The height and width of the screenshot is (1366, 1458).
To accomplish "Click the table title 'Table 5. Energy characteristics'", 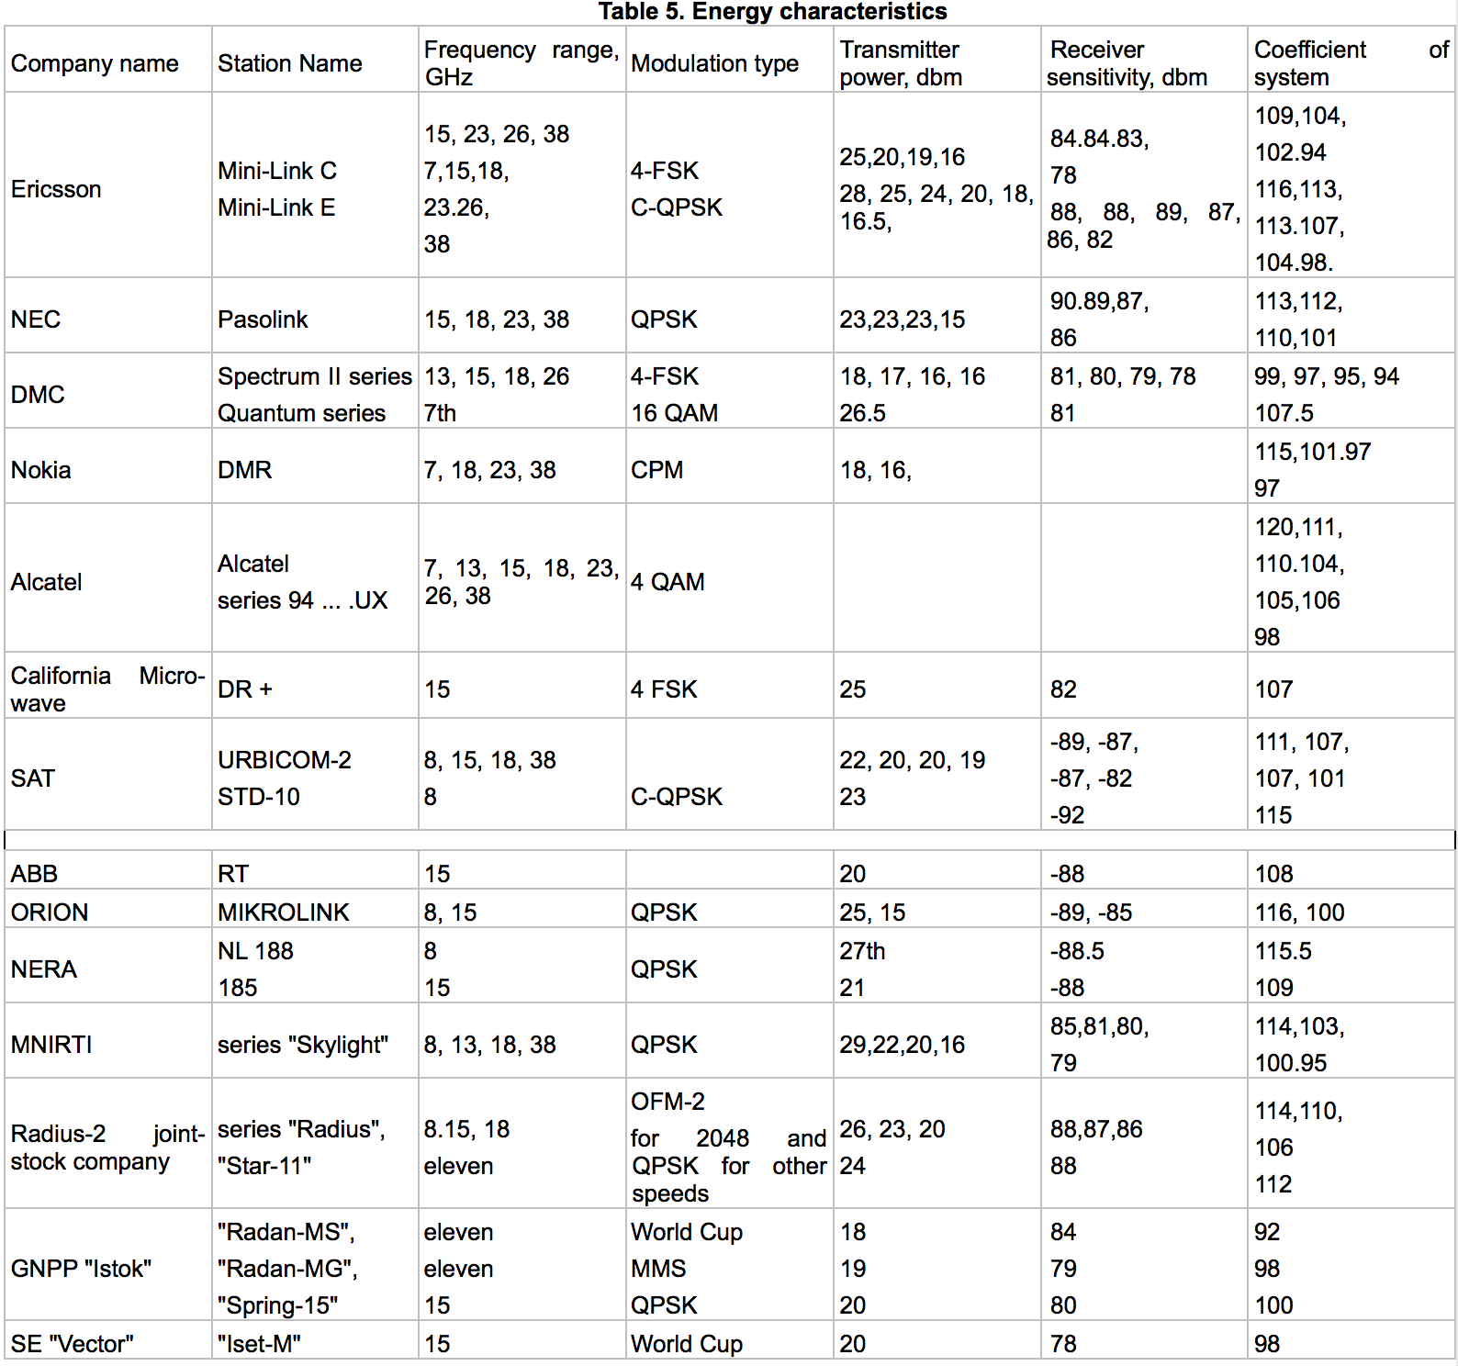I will pos(772,12).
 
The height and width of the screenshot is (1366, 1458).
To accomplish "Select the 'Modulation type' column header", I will pos(714,63).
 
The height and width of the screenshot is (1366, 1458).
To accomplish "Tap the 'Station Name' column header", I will pos(289,63).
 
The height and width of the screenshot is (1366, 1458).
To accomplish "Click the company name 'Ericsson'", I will pos(56,189).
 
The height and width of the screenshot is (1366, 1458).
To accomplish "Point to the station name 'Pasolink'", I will pos(263,319).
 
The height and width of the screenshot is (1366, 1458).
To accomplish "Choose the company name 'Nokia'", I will pos(40,470).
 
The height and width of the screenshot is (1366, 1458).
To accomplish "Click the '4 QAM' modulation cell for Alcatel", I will pos(667,582).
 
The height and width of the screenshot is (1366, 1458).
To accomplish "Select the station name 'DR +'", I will pos(245,689).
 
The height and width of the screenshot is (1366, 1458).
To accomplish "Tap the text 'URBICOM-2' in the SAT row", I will pos(285,760).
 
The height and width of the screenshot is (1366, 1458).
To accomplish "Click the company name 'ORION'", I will pos(50,913).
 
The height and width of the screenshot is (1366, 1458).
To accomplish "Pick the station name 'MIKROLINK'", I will pos(284,913).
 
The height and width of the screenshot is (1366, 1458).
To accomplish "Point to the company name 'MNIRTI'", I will pos(51,1045).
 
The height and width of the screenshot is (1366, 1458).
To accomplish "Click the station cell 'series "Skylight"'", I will pos(303,1045).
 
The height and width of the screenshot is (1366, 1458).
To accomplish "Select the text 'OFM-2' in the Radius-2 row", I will pos(667,1102).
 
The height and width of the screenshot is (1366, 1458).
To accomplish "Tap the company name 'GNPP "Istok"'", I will pos(81,1269).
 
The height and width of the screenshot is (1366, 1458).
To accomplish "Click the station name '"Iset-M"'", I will pos(259,1344).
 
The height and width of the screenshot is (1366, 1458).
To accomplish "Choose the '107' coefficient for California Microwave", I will pos(1273,689).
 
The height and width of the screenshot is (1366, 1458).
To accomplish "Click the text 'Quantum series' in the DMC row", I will pos(301,413).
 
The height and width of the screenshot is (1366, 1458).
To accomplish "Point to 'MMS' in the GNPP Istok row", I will pos(658,1269).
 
